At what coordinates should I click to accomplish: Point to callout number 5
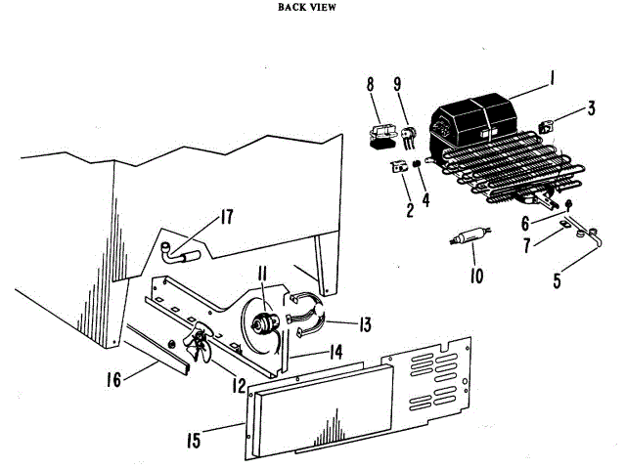[557, 283]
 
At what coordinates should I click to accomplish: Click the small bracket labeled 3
[550, 126]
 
